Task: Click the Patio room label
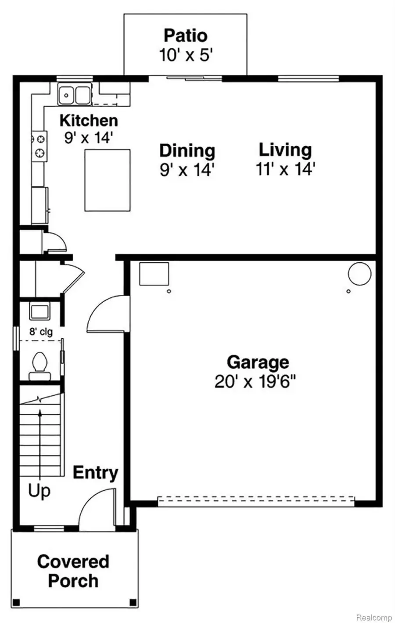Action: click(186, 36)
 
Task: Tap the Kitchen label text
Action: click(89, 120)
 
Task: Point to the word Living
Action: click(285, 150)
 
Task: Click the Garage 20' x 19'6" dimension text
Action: click(255, 381)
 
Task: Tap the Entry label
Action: click(96, 473)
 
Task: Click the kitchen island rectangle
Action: click(108, 181)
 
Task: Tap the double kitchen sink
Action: click(75, 94)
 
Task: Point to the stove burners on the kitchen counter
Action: click(40, 145)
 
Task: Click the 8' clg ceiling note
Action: click(41, 332)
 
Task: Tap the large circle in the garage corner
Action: click(359, 274)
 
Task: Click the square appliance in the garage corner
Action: click(154, 274)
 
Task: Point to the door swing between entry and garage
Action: click(108, 314)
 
